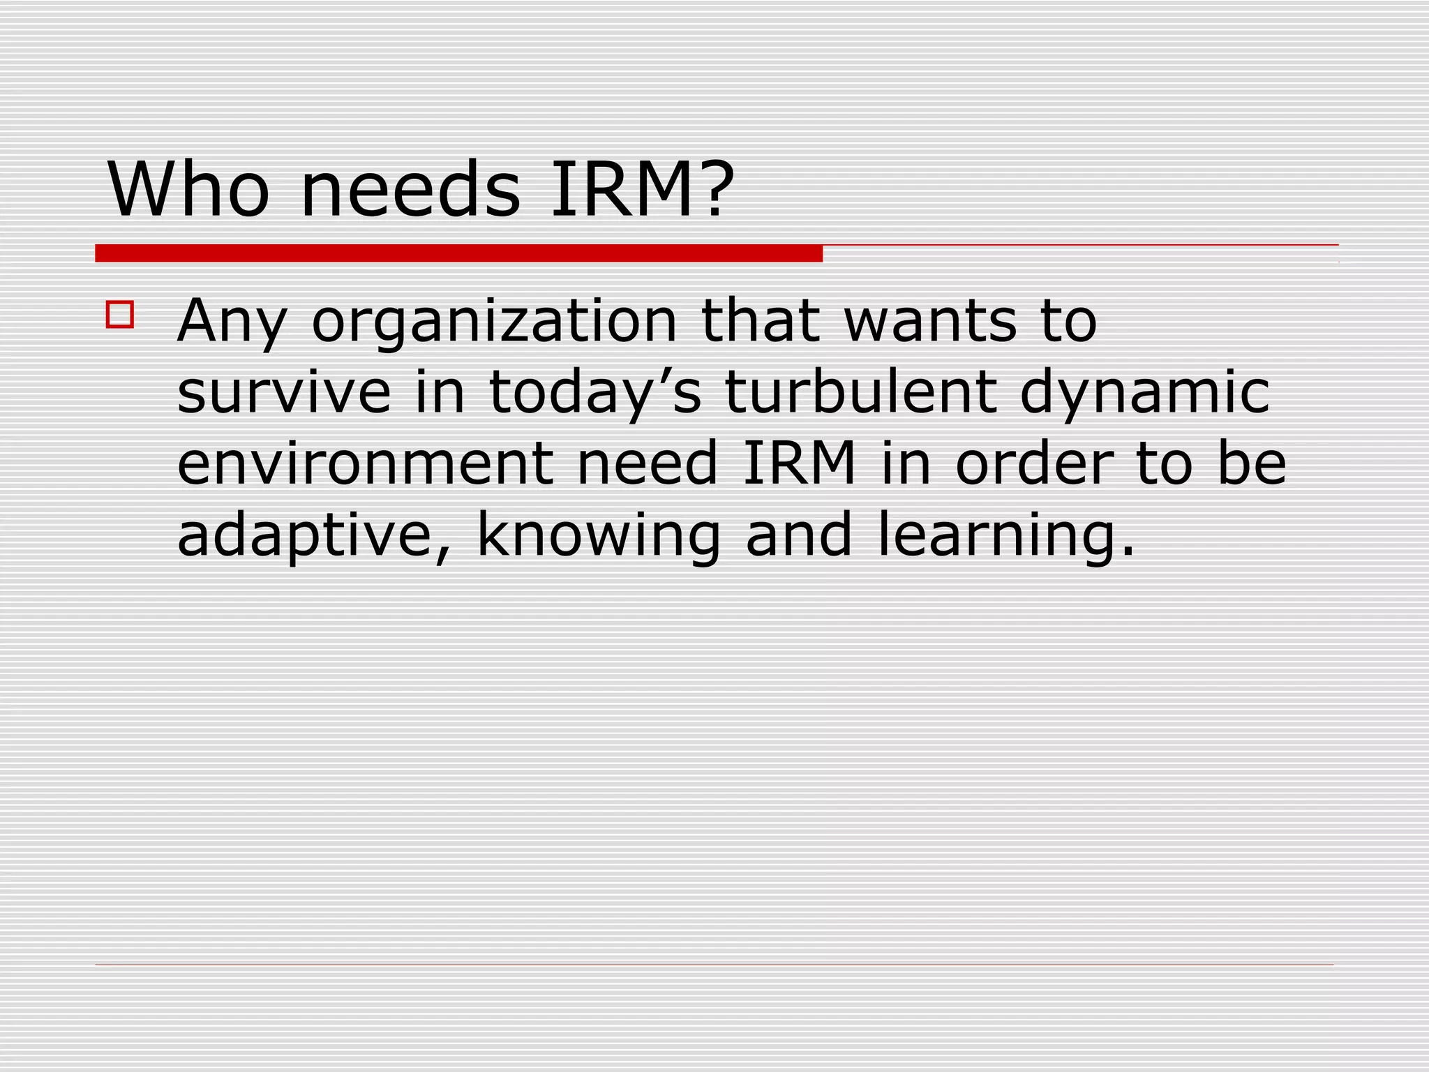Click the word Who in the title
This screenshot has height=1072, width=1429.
click(188, 189)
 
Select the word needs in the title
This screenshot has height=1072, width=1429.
click(410, 189)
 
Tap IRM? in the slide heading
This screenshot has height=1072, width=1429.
click(643, 189)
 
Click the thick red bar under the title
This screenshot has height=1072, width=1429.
click(458, 253)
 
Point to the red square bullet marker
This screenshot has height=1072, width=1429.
click(120, 314)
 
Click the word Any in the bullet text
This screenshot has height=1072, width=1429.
click(232, 322)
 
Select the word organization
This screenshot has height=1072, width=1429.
click(494, 322)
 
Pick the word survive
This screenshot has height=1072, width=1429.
click(284, 392)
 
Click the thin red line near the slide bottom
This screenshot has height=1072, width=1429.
click(714, 965)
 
